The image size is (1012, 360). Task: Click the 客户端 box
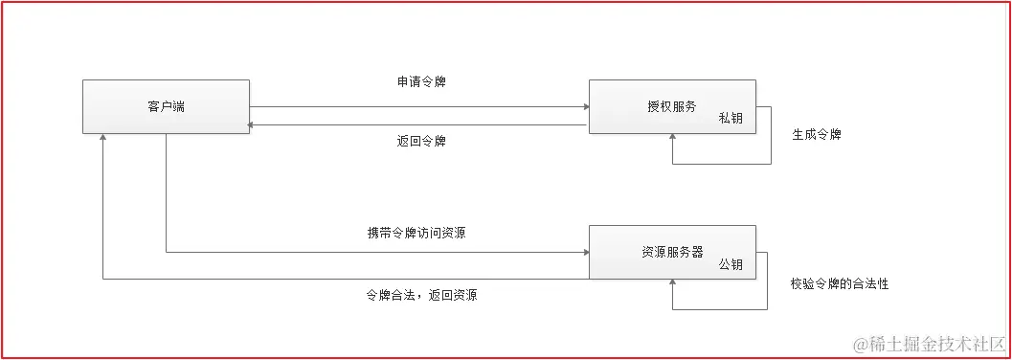pyautogui.click(x=165, y=106)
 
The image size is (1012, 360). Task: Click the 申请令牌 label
pyautogui.click(x=421, y=82)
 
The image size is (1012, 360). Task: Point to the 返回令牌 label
pyautogui.click(x=421, y=142)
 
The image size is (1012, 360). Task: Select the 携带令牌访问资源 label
pyautogui.click(x=416, y=233)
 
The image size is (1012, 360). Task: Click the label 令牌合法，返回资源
pyautogui.click(x=421, y=295)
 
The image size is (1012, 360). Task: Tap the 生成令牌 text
pyautogui.click(x=816, y=135)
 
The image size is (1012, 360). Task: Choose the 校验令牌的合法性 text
pyautogui.click(x=840, y=284)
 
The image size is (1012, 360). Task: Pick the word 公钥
pyautogui.click(x=731, y=264)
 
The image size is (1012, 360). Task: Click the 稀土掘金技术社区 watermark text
pyautogui.click(x=935, y=343)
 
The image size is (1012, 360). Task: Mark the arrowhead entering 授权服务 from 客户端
pyautogui.click(x=584, y=106)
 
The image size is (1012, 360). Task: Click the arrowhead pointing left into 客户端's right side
pyautogui.click(x=254, y=124)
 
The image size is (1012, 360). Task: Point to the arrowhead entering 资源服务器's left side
pyautogui.click(x=584, y=253)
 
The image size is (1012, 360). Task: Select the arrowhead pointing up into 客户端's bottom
pyautogui.click(x=103, y=139)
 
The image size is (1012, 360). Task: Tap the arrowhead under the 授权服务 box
pyautogui.click(x=673, y=138)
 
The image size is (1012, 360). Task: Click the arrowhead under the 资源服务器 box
pyautogui.click(x=673, y=283)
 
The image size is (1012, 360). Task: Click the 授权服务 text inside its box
pyautogui.click(x=671, y=106)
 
